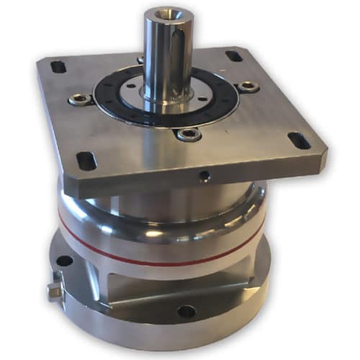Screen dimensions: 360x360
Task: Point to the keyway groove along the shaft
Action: pyautogui.click(x=178, y=58)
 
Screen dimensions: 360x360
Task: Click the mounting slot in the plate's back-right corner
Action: pyautogui.click(x=233, y=55)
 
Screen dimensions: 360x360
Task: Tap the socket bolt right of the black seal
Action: pyautogui.click(x=248, y=86)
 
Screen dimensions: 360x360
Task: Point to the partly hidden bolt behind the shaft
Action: pyautogui.click(x=140, y=60)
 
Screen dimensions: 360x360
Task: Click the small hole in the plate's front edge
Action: pyautogui.click(x=205, y=176)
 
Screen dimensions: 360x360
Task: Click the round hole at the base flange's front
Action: pyautogui.click(x=186, y=312)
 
